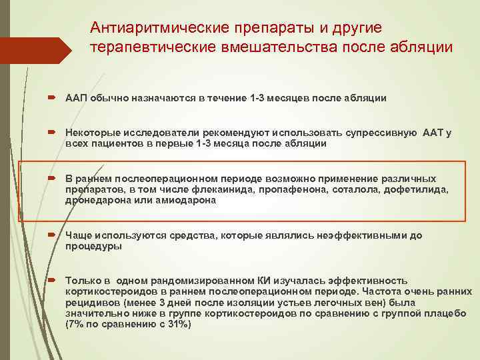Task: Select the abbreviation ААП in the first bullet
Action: click(x=75, y=99)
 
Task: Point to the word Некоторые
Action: click(x=90, y=133)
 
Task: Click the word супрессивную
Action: click(x=376, y=133)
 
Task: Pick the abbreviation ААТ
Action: click(x=433, y=133)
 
